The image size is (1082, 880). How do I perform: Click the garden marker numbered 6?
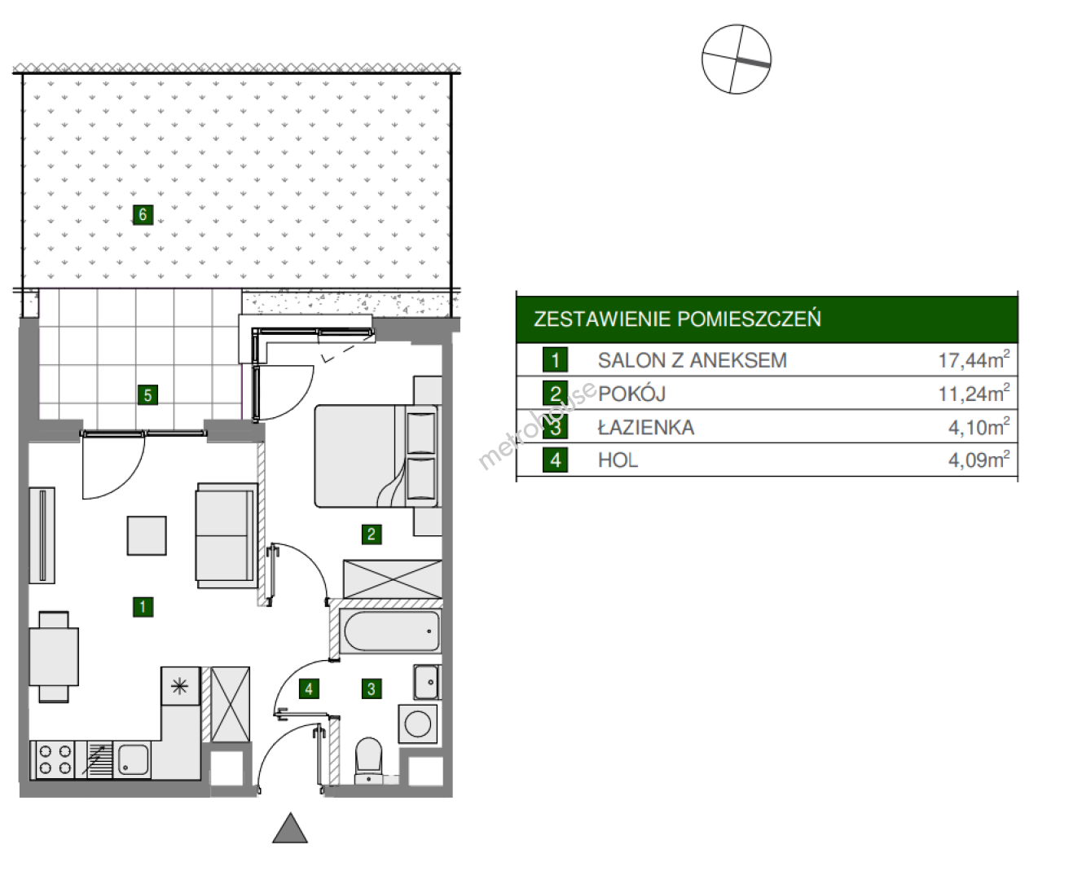pyautogui.click(x=143, y=214)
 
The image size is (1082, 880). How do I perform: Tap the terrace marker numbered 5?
pyautogui.click(x=147, y=395)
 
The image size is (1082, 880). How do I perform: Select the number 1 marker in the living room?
pyautogui.click(x=143, y=607)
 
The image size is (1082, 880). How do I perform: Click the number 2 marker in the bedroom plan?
pyautogui.click(x=372, y=534)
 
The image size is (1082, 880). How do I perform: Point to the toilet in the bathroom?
pyautogui.click(x=368, y=759)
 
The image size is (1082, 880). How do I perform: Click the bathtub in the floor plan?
pyautogui.click(x=391, y=631)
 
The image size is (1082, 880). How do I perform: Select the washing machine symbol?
pyautogui.click(x=417, y=724)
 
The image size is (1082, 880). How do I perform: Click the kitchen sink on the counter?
pyautogui.click(x=133, y=760)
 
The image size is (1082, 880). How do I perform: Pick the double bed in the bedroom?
pyautogui.click(x=376, y=455)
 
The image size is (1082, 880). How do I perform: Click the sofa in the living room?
pyautogui.click(x=227, y=535)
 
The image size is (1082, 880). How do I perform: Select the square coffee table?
pyautogui.click(x=147, y=535)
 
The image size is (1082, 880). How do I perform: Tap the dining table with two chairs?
pyautogui.click(x=54, y=657)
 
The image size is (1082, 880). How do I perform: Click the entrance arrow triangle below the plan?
pyautogui.click(x=290, y=829)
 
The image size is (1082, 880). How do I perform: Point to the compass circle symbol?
pyautogui.click(x=736, y=59)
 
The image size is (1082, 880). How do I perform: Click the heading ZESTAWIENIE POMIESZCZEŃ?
pyautogui.click(x=677, y=319)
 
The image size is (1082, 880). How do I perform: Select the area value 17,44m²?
pyautogui.click(x=974, y=359)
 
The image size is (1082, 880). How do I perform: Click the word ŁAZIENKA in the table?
pyautogui.click(x=646, y=427)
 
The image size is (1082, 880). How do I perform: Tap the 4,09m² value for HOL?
pyautogui.click(x=979, y=460)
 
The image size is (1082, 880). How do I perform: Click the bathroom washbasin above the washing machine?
pyautogui.click(x=427, y=682)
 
